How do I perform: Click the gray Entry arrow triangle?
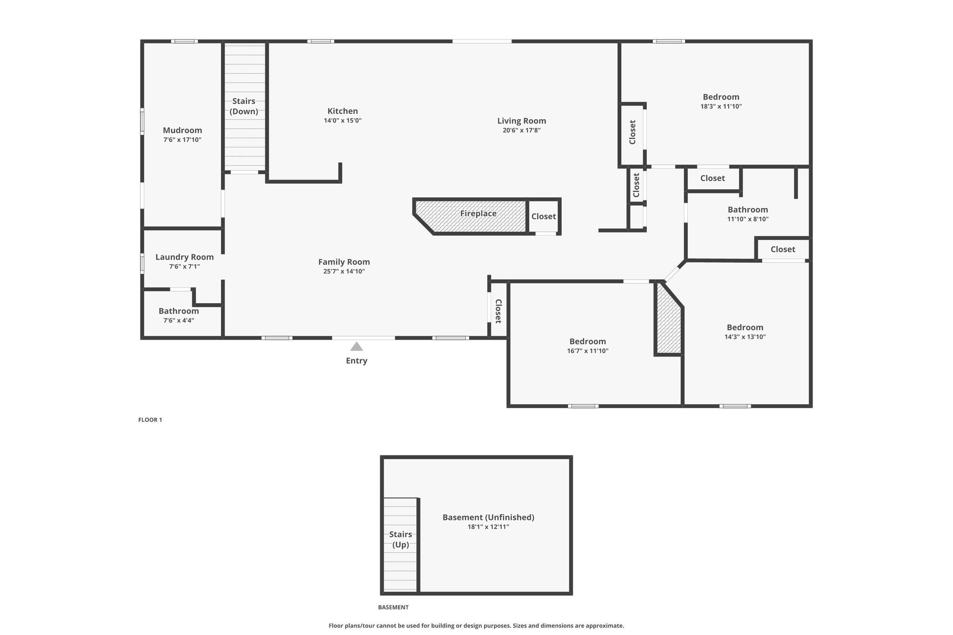pos(356,347)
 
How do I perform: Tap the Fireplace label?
pos(478,214)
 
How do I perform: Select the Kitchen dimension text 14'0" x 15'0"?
pos(343,120)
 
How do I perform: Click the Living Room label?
pos(522,121)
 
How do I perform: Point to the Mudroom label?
pos(182,130)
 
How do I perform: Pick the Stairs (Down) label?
pos(244,106)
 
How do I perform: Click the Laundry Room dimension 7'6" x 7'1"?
pos(185,267)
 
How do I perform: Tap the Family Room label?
pos(344,262)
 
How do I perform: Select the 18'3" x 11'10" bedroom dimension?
pos(721,106)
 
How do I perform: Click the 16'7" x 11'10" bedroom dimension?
pos(588,351)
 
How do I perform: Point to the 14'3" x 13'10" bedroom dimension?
pos(745,337)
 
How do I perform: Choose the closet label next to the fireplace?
pos(544,216)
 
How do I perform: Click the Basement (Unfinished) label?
pos(489,517)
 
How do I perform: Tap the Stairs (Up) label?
pos(401,539)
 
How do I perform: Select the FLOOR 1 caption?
pos(150,420)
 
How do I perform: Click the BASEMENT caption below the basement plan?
pos(393,607)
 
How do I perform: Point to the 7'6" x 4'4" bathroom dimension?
pos(179,321)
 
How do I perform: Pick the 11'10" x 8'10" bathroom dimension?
pos(748,219)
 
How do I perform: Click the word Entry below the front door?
pos(356,361)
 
